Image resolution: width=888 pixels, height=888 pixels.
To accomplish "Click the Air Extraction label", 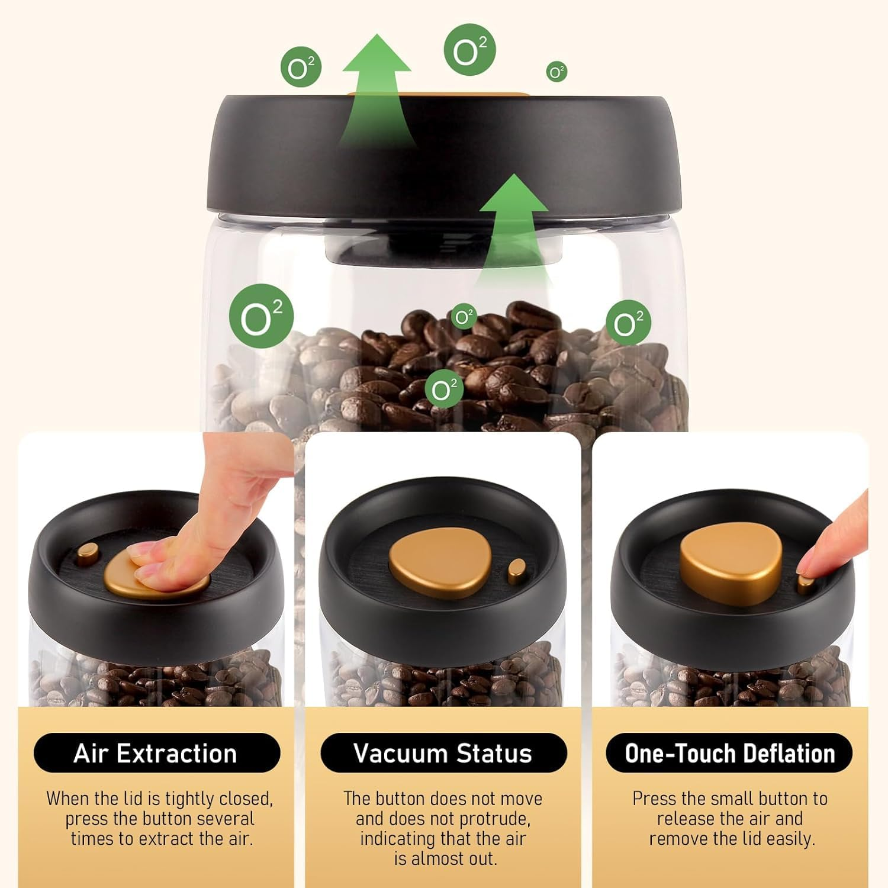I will click(x=156, y=754).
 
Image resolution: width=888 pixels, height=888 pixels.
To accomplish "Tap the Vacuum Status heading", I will click(x=443, y=754).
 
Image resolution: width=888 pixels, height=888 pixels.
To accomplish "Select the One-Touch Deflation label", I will click(x=729, y=754).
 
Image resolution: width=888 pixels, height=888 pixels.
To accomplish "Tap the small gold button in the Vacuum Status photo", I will click(x=516, y=571).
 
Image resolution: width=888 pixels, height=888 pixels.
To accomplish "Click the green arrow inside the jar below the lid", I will click(x=514, y=225).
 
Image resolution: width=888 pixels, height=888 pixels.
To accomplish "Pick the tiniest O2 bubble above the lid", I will click(x=556, y=72).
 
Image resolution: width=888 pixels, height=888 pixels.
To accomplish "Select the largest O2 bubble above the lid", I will click(x=469, y=50).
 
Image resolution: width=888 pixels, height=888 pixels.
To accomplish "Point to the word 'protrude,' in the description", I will click(x=498, y=819).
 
